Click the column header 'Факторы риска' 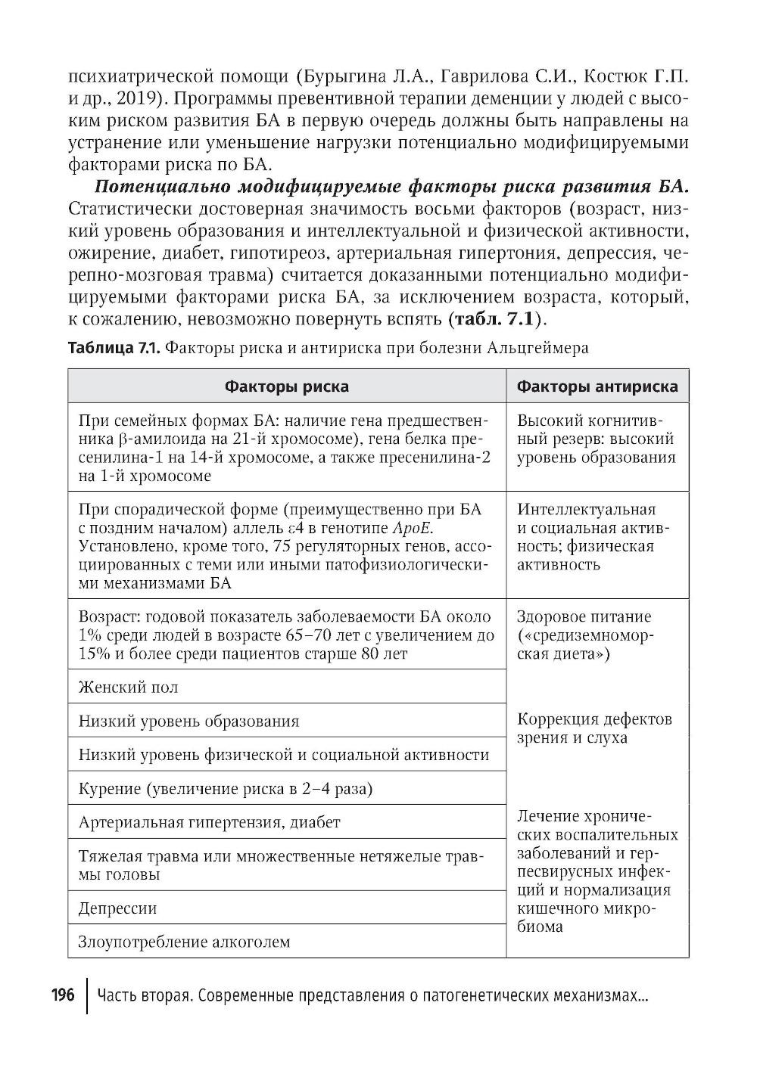click(287, 386)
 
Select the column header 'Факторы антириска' click(597, 386)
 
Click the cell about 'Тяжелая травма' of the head click(287, 865)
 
